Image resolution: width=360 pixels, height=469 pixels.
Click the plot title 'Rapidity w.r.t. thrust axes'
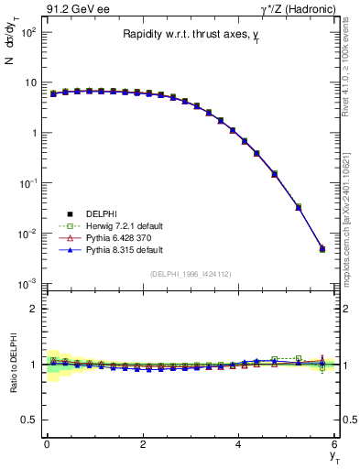coord(191,35)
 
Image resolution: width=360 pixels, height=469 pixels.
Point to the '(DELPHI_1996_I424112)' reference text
coord(191,273)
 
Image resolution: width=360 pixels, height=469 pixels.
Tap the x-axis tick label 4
coord(238,443)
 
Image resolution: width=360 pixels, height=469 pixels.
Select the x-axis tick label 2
coord(143,443)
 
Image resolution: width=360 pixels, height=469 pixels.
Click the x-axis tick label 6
coord(334,443)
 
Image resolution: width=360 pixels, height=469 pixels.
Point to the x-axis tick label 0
coord(47,443)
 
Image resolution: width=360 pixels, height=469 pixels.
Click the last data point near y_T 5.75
coord(322,248)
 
